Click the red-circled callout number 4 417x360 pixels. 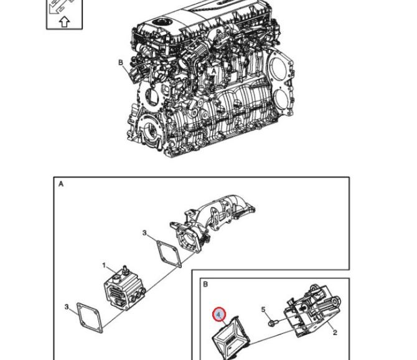[x=218, y=315]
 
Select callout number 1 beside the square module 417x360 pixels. [x=104, y=265]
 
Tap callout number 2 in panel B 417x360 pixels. [x=335, y=333]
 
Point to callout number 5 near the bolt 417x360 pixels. [x=263, y=310]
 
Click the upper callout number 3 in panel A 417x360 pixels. [x=144, y=233]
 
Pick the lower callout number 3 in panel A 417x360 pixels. [x=67, y=307]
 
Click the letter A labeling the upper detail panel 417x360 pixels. [x=61, y=184]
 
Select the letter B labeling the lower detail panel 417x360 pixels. [x=205, y=284]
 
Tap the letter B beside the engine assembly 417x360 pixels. [x=121, y=62]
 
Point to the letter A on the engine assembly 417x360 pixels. [x=213, y=71]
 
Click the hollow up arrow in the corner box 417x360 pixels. [x=64, y=22]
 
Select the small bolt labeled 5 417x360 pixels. [x=273, y=323]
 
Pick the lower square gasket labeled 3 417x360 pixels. [x=90, y=318]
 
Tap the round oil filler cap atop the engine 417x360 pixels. [x=160, y=22]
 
